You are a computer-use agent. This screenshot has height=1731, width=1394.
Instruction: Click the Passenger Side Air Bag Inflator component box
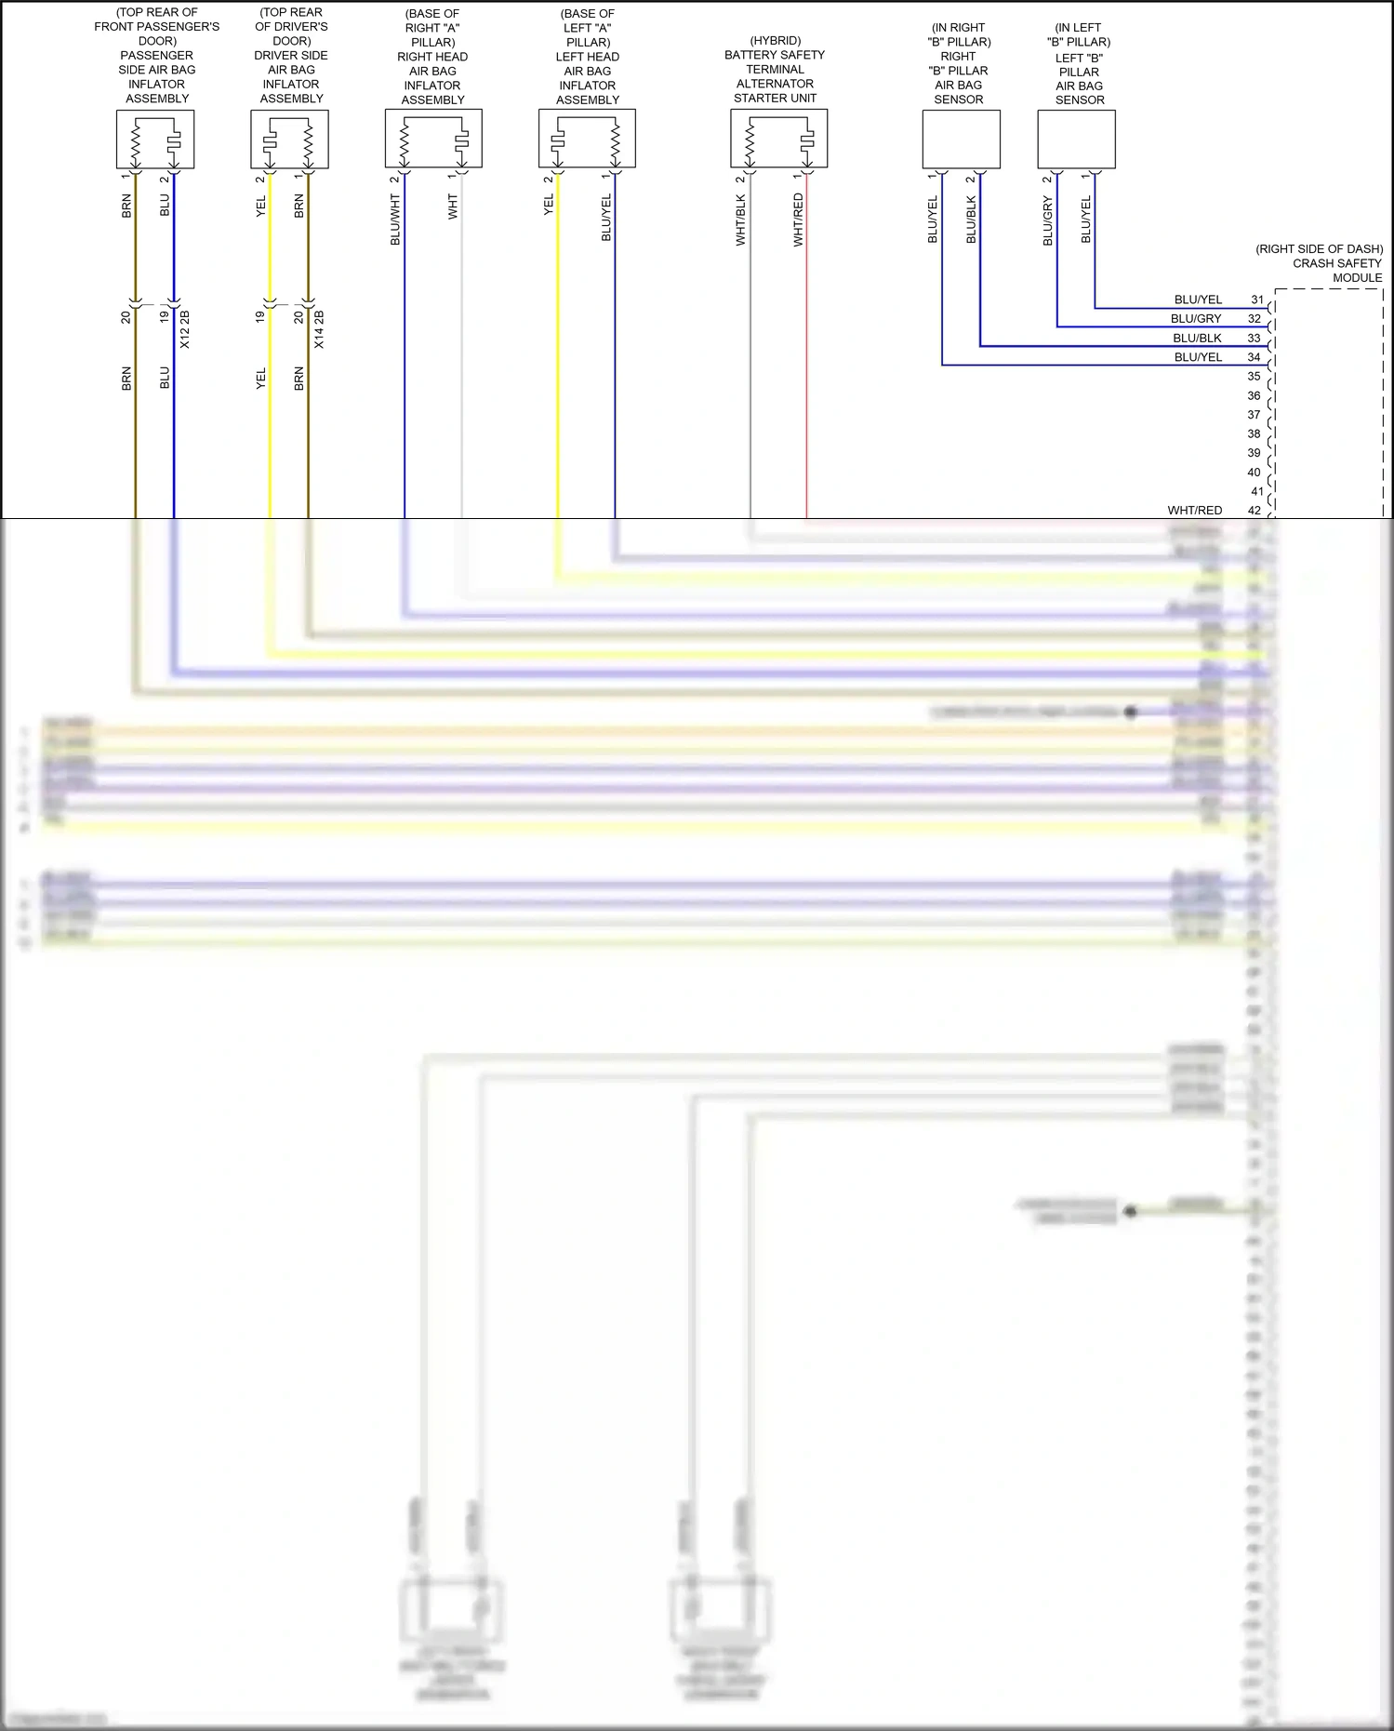[x=155, y=140]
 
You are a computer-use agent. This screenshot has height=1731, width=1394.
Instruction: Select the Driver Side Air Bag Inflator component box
[x=289, y=140]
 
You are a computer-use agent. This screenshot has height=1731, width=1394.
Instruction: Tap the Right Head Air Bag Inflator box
[x=433, y=139]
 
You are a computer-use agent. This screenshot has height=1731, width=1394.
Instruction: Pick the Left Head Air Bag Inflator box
[x=587, y=139]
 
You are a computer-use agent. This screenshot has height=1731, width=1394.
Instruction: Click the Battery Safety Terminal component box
[x=778, y=139]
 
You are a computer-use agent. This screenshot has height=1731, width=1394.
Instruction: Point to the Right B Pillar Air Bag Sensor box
[x=961, y=140]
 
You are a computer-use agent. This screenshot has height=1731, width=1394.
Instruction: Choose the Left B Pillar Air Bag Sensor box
[x=1076, y=140]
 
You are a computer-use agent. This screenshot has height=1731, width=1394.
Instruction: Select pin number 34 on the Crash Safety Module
[x=1255, y=357]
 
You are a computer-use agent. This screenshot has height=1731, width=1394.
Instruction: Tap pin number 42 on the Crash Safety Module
[x=1255, y=511]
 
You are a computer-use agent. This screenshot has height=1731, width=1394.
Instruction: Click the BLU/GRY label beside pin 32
[x=1196, y=319]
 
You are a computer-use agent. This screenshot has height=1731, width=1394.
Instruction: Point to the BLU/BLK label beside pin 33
[x=1197, y=339]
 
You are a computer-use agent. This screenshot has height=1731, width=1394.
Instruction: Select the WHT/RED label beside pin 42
[x=1195, y=511]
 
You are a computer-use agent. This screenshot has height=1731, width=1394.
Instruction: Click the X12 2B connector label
[x=185, y=329]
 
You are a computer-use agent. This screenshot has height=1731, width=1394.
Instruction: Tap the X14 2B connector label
[x=319, y=329]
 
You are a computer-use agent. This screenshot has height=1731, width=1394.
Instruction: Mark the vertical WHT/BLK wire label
[x=741, y=220]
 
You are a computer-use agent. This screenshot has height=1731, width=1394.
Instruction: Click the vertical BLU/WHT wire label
[x=395, y=220]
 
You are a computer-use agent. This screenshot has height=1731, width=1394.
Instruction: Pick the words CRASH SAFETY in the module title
[x=1336, y=263]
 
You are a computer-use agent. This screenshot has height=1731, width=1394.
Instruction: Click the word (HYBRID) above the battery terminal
[x=775, y=41]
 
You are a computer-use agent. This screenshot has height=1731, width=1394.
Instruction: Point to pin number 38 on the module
[x=1255, y=434]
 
